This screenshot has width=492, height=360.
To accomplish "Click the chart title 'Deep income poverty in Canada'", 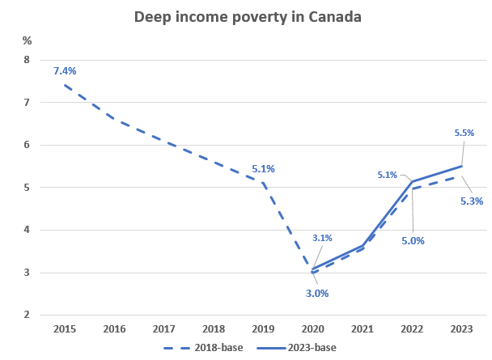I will (x=247, y=16).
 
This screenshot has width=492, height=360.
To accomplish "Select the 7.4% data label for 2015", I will (x=65, y=71).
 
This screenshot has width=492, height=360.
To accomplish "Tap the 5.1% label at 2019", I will (x=263, y=169).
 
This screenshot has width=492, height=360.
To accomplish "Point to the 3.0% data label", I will (x=316, y=294).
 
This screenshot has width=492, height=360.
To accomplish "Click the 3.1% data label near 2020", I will (x=322, y=238).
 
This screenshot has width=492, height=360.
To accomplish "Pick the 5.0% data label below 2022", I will (x=413, y=240).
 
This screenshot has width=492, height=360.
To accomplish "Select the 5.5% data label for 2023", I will (x=464, y=132).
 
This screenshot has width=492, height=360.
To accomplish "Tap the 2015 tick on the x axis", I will (x=65, y=330).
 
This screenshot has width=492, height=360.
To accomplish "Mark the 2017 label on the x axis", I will (x=164, y=330).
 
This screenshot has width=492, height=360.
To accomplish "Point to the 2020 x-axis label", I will (x=312, y=330).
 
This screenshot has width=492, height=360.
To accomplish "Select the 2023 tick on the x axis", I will (x=461, y=330).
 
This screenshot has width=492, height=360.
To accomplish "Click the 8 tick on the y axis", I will (x=26, y=61).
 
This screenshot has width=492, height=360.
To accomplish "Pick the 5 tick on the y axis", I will (x=26, y=188).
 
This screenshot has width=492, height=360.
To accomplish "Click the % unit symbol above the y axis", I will (x=27, y=40).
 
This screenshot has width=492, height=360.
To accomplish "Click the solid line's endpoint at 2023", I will (x=461, y=166).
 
